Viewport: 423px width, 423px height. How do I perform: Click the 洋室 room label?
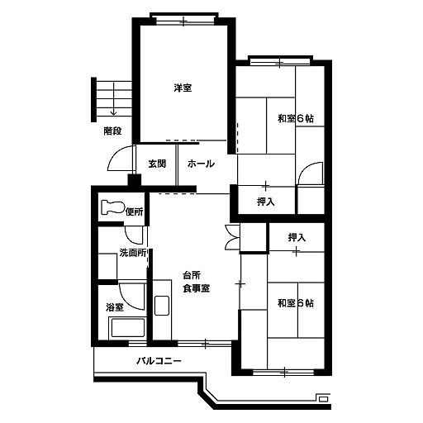pos(183,88)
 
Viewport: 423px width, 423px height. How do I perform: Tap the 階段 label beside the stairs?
pos(112,131)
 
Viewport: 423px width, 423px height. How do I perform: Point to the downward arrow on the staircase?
pos(113,99)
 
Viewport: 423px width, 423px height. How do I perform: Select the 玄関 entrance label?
pos(157,164)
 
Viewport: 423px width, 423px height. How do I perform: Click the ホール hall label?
pos(201,164)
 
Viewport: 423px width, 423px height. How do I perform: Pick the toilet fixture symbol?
pos(113,207)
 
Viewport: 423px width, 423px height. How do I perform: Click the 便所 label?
pos(135,212)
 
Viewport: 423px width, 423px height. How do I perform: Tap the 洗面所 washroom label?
pos(133,253)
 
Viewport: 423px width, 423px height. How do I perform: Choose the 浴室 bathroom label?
pos(115,307)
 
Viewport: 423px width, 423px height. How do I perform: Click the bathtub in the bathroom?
pos(127,328)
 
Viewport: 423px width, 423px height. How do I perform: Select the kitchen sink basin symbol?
pos(162,306)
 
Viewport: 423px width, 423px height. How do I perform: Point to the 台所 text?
pos(192,275)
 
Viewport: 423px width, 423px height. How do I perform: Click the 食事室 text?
pos(197,288)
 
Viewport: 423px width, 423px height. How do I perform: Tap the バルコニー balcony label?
pos(159,360)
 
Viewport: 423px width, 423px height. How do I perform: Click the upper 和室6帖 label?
pos(296,119)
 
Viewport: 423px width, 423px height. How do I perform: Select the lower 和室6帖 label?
pos(296,303)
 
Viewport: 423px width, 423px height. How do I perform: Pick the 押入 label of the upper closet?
pos(266,202)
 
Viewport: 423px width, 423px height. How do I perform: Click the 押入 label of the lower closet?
pos(297,237)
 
